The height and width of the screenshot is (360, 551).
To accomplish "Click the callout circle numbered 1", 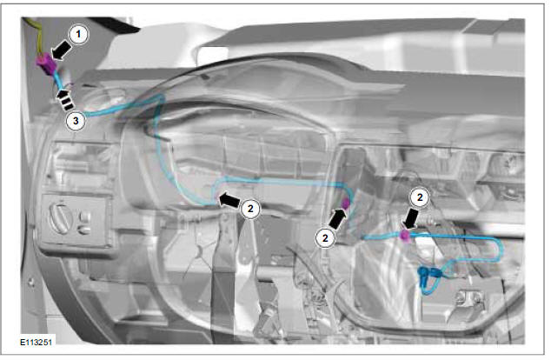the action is point(78,35).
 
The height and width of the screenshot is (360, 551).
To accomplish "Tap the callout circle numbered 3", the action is point(76,121).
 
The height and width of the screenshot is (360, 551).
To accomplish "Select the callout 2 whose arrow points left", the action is point(250,209).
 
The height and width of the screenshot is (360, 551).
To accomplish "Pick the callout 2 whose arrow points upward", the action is point(325,238).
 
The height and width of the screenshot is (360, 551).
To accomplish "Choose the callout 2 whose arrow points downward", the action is point(420,197).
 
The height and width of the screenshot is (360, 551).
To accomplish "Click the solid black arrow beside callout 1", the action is point(61,50).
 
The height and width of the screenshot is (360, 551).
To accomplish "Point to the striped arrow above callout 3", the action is point(65,99).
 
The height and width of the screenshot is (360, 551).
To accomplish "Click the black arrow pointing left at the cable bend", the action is point(229,200).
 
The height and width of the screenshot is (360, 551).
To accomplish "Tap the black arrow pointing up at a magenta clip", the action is point(337,218).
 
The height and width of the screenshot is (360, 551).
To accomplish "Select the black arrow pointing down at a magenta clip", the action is point(410,219).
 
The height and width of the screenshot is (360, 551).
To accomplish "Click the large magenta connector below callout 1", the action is point(47,64).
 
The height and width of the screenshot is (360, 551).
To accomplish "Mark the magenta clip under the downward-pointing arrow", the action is point(406,237).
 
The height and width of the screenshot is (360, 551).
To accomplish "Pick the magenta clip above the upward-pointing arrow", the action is point(346,203).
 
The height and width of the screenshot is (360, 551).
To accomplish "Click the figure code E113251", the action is point(36,342).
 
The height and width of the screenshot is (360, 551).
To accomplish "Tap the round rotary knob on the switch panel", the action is point(61,218).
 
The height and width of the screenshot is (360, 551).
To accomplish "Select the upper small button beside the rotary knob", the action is point(84,216).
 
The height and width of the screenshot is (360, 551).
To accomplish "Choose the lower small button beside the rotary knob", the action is point(84,230).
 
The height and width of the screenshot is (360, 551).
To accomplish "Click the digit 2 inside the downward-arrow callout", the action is point(420,197).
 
